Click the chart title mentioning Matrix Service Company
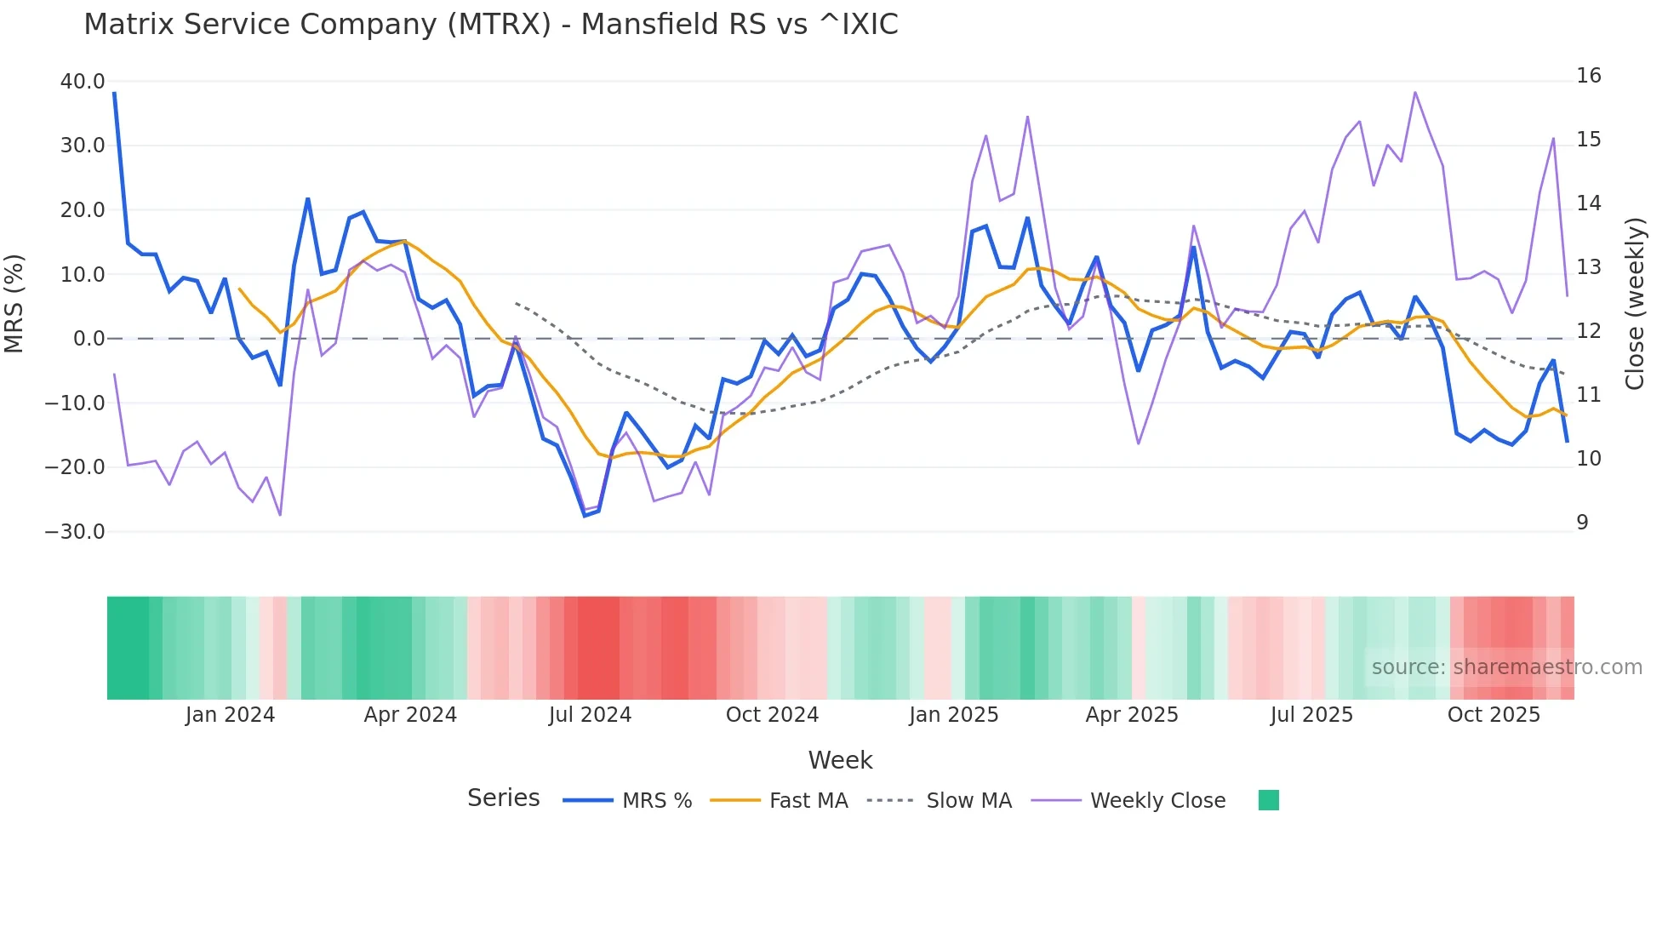click(x=491, y=25)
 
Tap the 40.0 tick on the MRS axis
click(x=83, y=82)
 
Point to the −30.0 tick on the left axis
click(x=75, y=532)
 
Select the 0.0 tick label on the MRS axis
click(x=89, y=339)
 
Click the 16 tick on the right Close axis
click(x=1588, y=76)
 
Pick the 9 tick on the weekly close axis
click(x=1582, y=523)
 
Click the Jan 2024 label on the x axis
click(x=230, y=715)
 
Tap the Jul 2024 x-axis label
click(x=590, y=715)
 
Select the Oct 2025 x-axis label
click(x=1494, y=715)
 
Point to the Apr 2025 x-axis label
click(x=1132, y=715)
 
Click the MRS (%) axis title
click(x=14, y=304)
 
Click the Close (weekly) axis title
click(x=1635, y=304)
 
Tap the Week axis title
click(x=840, y=760)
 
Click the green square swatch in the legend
click(x=1268, y=800)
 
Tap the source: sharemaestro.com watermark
click(x=1506, y=667)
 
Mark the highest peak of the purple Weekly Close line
click(x=1415, y=92)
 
